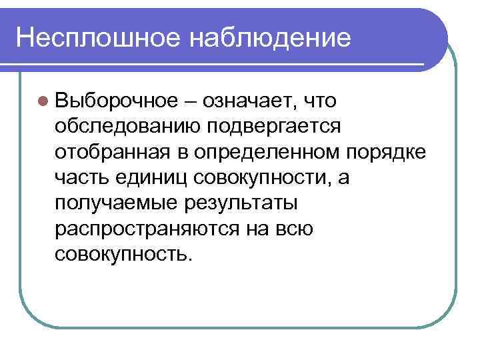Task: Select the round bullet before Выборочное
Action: pos(43,101)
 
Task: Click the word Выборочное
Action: pos(116,101)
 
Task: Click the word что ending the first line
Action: pos(320,101)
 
